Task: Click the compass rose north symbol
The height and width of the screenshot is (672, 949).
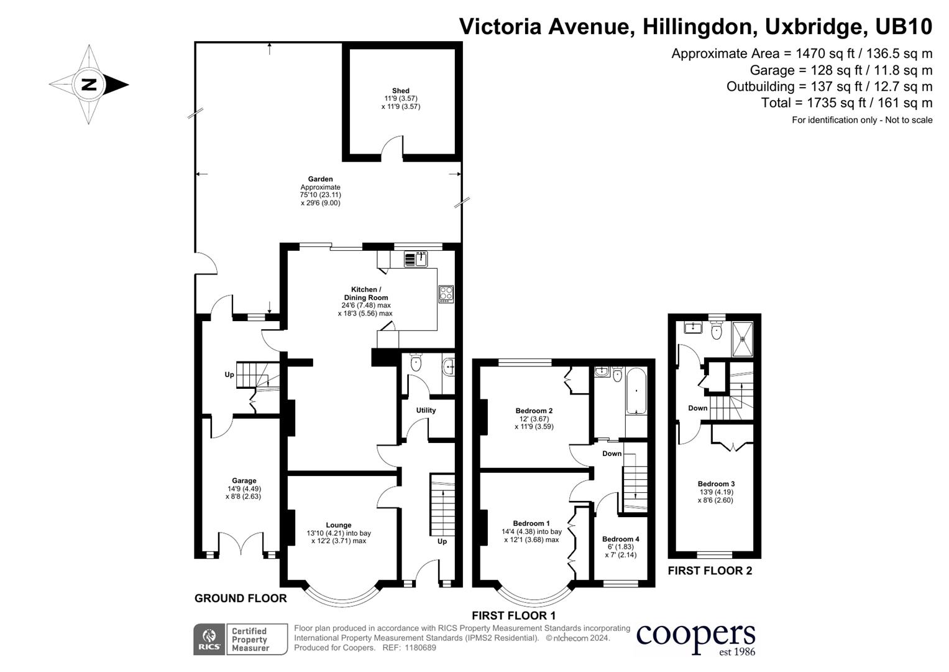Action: (x=89, y=84)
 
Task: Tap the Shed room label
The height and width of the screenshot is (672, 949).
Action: (x=400, y=91)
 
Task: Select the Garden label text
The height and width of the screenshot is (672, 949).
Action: (x=321, y=179)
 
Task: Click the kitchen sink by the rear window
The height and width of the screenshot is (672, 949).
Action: (x=416, y=258)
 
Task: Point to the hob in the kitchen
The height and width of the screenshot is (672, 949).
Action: (x=446, y=294)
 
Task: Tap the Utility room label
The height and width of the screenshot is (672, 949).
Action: (x=426, y=410)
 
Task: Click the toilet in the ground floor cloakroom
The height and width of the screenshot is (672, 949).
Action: (x=416, y=363)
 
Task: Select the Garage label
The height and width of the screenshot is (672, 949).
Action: (x=244, y=480)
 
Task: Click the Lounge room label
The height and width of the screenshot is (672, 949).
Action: (x=339, y=525)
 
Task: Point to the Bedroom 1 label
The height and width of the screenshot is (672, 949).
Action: (x=531, y=523)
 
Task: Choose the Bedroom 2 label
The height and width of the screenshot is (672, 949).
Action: (x=534, y=411)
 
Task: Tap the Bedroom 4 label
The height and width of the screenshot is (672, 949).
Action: (x=620, y=539)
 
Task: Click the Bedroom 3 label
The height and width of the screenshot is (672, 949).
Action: (x=716, y=484)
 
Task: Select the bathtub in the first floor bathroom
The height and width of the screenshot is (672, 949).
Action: (x=636, y=391)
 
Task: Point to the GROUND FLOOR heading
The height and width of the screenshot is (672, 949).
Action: (x=241, y=599)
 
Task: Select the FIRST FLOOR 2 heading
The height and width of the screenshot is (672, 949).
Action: (x=710, y=571)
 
